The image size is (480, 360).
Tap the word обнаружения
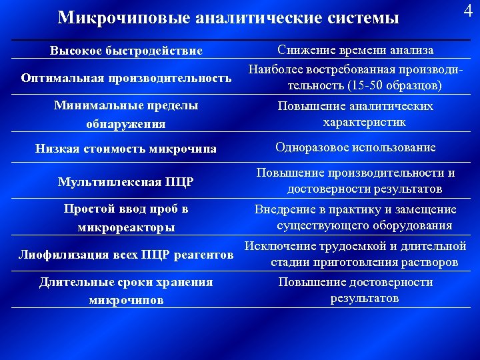point(126,124)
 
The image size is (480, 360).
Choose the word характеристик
point(365,123)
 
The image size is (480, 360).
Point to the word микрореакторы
point(126,227)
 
